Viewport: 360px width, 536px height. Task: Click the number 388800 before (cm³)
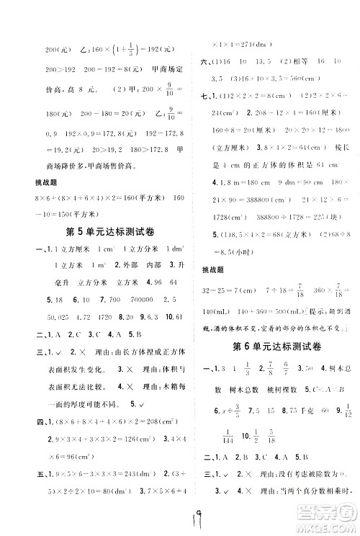coord(248,205)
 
